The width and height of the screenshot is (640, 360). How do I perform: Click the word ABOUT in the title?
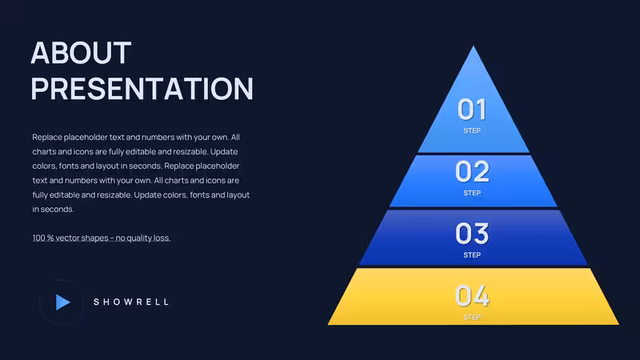(x=81, y=53)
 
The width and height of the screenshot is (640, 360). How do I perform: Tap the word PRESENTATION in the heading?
(x=142, y=88)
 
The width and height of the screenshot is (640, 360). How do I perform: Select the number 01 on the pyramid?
(x=472, y=110)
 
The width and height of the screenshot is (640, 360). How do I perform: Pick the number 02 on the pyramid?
(x=472, y=171)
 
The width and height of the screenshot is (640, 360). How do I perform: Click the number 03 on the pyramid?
(x=472, y=234)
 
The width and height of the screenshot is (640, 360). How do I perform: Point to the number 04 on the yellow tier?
(x=472, y=295)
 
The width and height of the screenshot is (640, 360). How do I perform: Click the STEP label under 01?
(x=472, y=130)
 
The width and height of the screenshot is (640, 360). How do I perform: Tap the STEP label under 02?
(x=472, y=193)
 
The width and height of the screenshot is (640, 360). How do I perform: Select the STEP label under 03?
(x=472, y=255)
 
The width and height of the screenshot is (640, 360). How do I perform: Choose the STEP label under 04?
(x=472, y=317)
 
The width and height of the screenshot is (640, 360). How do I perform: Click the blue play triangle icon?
(x=62, y=302)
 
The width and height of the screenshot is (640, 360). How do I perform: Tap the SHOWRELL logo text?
(x=131, y=302)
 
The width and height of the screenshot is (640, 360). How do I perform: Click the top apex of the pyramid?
(x=474, y=46)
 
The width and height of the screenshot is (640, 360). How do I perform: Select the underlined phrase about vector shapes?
(x=102, y=238)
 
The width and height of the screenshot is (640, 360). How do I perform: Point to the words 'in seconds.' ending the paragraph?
(x=53, y=209)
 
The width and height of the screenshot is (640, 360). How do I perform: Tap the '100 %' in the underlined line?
(x=43, y=238)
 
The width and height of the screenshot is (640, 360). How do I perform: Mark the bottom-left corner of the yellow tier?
(x=328, y=325)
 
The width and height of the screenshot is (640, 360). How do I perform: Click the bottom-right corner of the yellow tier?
(x=618, y=325)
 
